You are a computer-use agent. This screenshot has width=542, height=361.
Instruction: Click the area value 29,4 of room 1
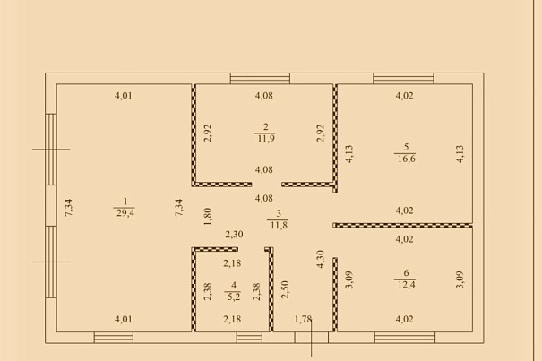pos(125,212)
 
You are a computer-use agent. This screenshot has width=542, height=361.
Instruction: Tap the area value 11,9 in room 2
pos(266,138)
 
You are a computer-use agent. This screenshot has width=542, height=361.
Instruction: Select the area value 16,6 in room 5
pos(406,159)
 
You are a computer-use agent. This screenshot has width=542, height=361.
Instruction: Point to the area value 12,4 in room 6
pos(406,285)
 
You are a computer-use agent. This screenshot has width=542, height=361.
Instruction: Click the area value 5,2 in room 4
pos(234,297)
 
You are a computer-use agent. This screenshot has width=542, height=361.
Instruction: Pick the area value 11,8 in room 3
pos(279,226)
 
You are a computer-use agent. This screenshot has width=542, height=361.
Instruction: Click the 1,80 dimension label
pos(208,217)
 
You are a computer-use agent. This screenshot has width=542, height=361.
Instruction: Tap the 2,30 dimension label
pos(235,235)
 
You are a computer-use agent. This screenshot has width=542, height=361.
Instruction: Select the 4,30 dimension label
pos(321,259)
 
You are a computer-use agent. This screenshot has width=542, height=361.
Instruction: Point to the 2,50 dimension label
pos(285,289)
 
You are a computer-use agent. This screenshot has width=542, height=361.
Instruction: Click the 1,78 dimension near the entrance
pos(303,319)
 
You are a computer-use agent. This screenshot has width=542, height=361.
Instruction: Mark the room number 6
pos(406,273)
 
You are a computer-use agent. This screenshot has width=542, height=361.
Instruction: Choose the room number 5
pos(406,147)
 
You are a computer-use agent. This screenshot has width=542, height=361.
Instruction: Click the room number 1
pos(125,201)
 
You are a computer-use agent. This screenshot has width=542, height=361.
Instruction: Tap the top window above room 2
pos(260,79)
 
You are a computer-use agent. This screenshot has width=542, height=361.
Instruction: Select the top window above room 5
pos(403,79)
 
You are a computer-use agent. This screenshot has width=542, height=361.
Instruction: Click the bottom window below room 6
pos(405,338)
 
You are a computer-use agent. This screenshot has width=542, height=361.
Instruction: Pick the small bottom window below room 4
pos(249,338)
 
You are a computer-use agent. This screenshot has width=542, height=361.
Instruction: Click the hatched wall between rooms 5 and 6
pos(403,226)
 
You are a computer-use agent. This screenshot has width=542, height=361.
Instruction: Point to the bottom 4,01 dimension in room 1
pos(124,319)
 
